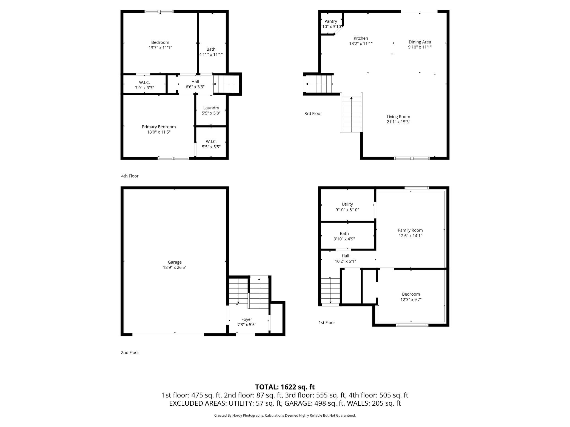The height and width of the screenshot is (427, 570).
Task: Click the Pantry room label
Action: click(x=330, y=21)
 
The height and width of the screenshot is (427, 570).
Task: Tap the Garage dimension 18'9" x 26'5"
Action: click(x=175, y=267)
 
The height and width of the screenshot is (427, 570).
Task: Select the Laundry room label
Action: click(x=211, y=108)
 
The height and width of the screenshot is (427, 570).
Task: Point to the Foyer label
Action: click(x=247, y=319)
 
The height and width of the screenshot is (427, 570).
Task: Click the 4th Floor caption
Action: click(x=130, y=176)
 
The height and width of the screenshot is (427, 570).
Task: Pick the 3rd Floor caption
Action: click(x=313, y=114)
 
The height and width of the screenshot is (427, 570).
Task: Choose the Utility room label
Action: click(x=347, y=204)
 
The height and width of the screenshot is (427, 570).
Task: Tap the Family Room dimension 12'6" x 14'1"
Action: click(x=410, y=236)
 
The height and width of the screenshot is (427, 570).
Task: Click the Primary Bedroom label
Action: click(x=159, y=127)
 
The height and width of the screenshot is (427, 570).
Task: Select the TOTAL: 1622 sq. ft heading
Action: click(x=285, y=387)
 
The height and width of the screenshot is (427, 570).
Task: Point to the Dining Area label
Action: click(x=420, y=42)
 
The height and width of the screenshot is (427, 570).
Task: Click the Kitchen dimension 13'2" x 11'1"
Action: click(x=361, y=44)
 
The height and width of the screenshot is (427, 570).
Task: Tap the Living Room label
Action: click(x=398, y=117)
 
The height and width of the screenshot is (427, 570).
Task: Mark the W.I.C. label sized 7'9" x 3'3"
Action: click(x=144, y=83)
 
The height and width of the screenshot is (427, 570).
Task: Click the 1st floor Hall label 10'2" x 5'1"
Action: click(x=345, y=256)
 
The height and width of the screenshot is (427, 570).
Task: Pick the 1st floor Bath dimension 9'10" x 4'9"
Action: click(x=344, y=239)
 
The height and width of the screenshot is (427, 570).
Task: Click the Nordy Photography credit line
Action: click(x=285, y=416)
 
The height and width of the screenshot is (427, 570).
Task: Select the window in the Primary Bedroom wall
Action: click(x=173, y=158)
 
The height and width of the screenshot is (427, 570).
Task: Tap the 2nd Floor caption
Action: click(x=130, y=353)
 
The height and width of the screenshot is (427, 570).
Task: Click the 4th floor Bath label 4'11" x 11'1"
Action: click(x=211, y=49)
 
